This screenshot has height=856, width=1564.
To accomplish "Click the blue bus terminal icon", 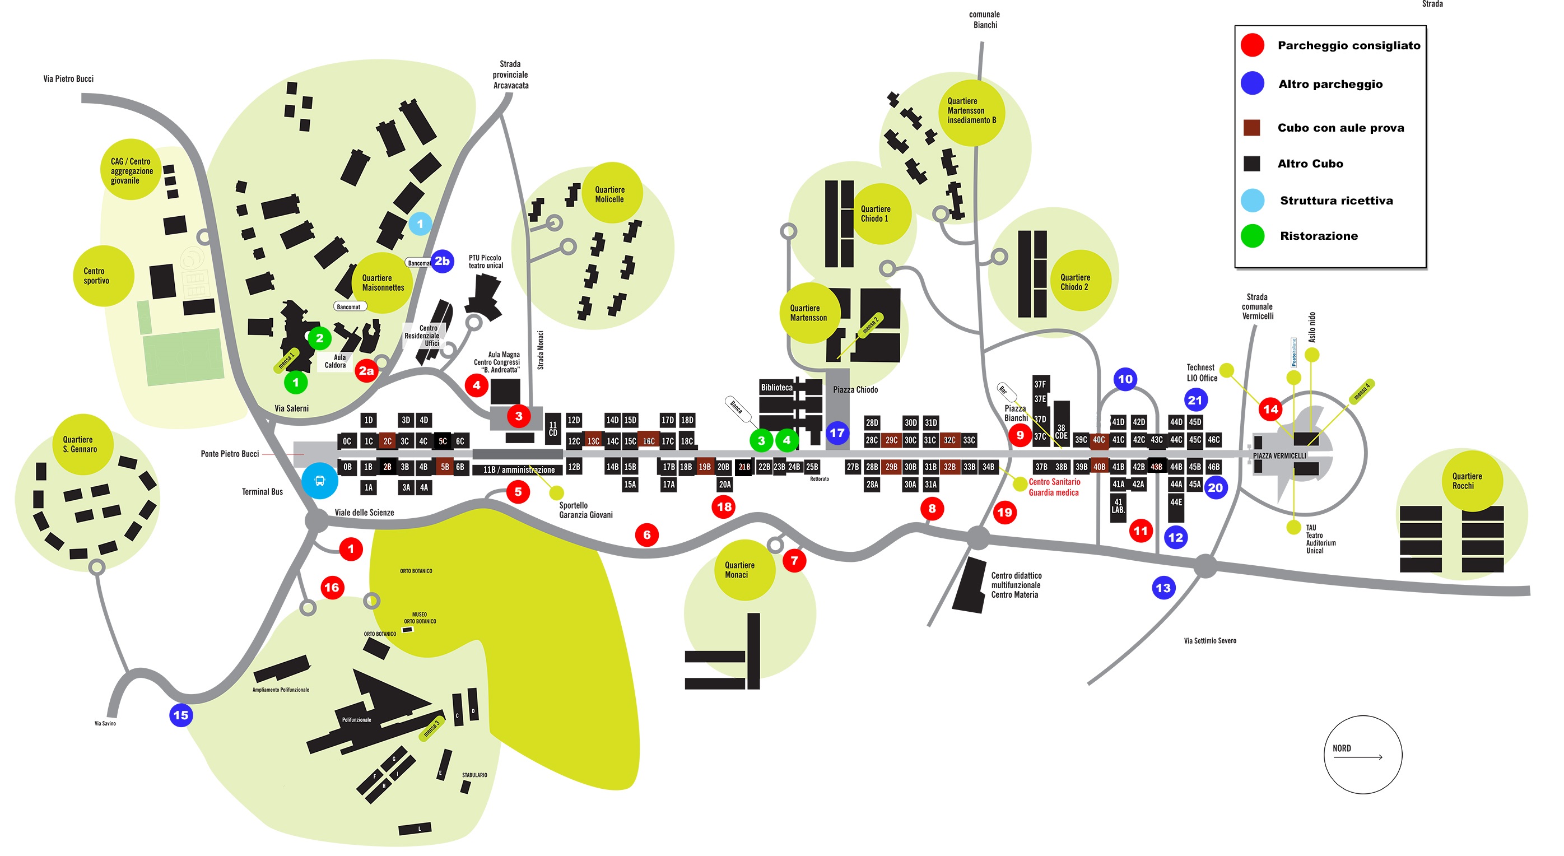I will click(x=320, y=481).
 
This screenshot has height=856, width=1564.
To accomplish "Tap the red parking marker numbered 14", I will click(x=1270, y=409).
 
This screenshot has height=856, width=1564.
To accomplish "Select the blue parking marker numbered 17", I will click(x=837, y=433).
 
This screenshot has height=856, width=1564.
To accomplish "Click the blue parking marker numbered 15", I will click(x=181, y=715).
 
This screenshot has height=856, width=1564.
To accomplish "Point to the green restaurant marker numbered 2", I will click(x=319, y=338).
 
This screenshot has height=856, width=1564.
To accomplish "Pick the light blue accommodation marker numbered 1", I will click(x=420, y=224).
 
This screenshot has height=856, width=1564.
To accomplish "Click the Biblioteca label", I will click(x=776, y=387).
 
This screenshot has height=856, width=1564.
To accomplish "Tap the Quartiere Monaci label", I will click(x=739, y=569).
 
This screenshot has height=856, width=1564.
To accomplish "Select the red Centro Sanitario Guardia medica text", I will click(x=1054, y=487).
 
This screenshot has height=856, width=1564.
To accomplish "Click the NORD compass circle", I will click(x=1362, y=754).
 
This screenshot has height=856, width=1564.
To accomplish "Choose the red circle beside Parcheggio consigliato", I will click(x=1252, y=45).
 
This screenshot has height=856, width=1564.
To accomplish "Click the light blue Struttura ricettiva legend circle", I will click(x=1252, y=201).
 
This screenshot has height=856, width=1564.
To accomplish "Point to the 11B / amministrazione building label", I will click(x=519, y=469).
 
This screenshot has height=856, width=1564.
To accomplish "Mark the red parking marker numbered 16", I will click(x=332, y=587).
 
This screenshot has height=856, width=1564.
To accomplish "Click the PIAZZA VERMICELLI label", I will click(x=1279, y=456).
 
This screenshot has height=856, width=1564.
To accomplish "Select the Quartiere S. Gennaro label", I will click(x=80, y=444).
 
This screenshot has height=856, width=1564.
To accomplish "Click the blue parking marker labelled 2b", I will click(x=442, y=261).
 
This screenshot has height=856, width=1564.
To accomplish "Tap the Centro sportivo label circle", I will click(x=96, y=276).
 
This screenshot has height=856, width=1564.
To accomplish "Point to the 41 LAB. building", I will click(x=1118, y=506).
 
